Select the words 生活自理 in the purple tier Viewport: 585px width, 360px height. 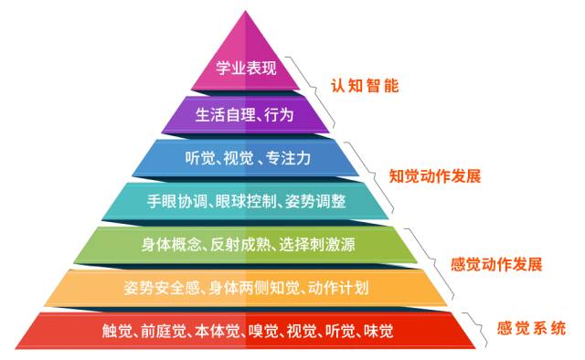(223, 113)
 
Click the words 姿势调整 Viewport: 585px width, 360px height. (314, 200)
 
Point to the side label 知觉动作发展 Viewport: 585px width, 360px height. (434, 175)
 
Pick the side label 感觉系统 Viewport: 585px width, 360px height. (530, 326)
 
